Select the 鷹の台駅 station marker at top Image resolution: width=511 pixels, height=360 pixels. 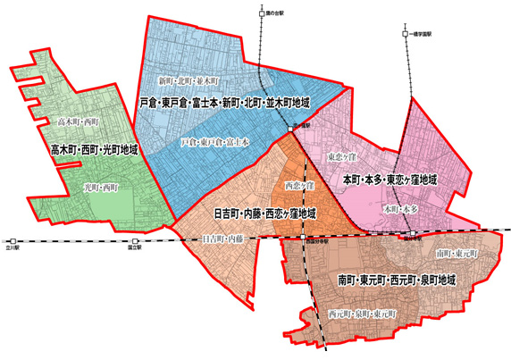coord(261,14)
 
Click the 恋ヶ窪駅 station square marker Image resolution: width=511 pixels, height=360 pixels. coord(291,130)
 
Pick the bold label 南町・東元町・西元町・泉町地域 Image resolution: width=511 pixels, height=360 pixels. coord(397,280)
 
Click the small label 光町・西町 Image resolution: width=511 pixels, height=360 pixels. coord(101,188)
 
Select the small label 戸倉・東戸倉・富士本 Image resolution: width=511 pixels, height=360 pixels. coord(214,141)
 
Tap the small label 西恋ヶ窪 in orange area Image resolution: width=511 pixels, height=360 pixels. coord(299,186)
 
